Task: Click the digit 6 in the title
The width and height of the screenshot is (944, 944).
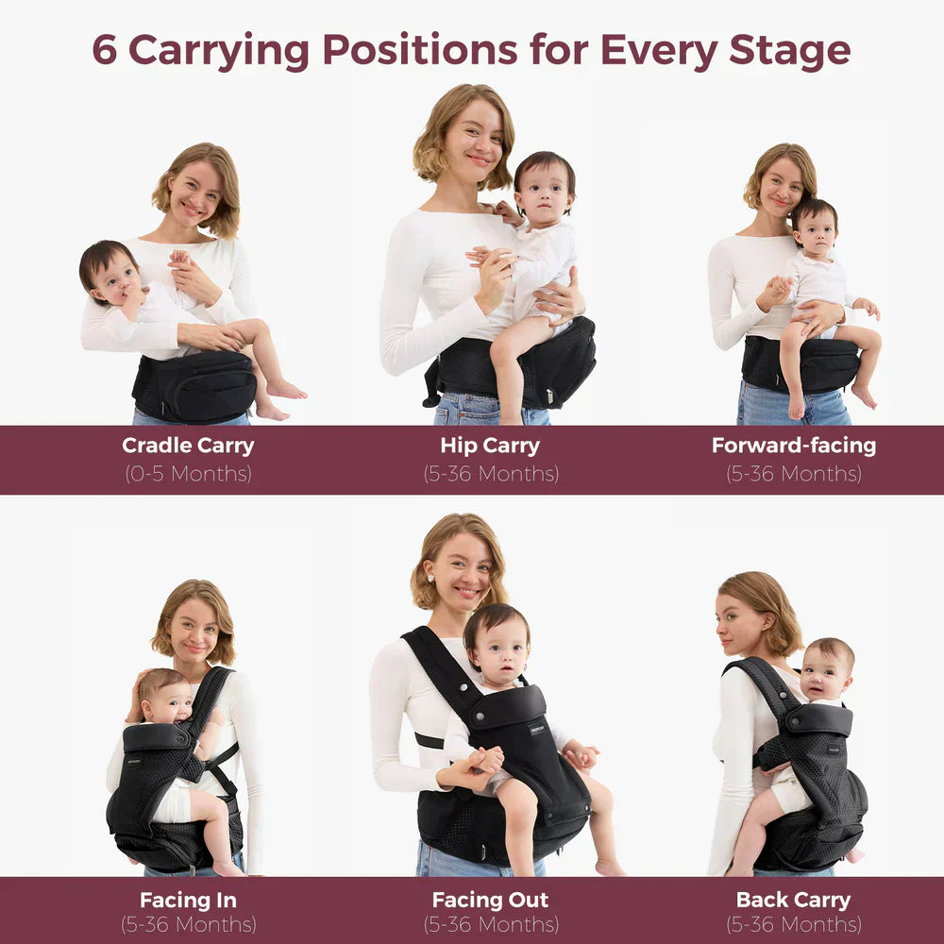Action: (104, 49)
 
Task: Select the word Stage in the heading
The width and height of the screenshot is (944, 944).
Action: (790, 52)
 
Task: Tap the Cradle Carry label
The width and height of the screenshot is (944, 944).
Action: (188, 447)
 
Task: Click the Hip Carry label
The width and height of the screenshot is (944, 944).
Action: (490, 447)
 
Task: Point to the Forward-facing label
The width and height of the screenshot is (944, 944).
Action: (794, 446)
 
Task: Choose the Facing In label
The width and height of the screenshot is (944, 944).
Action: (188, 901)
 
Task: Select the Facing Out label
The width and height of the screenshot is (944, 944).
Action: (490, 900)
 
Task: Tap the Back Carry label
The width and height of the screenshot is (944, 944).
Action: (794, 900)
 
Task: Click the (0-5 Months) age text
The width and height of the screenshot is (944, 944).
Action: (189, 474)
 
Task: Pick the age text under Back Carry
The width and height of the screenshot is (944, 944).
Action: (794, 924)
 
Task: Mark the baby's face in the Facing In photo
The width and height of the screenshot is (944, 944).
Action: (165, 702)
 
